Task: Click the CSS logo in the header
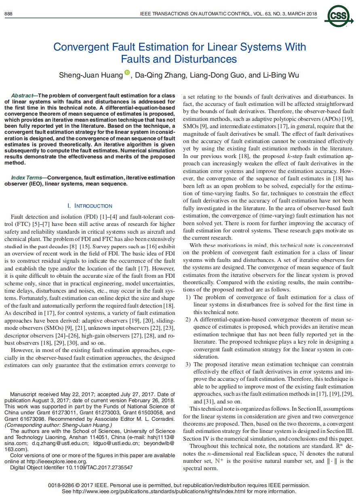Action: pyautogui.click(x=338, y=16)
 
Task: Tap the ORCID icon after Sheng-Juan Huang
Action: pyautogui.click(x=127, y=72)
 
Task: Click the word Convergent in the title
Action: pyautogui.click(x=78, y=47)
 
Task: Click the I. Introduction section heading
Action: pyautogui.click(x=90, y=206)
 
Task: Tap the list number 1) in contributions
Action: pyautogui.click(x=188, y=297)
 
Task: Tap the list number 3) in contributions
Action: pyautogui.click(x=188, y=364)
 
